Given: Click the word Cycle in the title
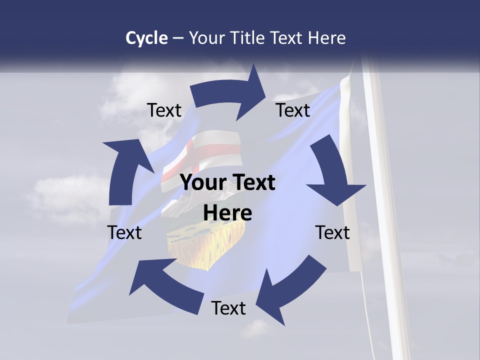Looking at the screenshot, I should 146,38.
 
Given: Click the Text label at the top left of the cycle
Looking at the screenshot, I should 164,110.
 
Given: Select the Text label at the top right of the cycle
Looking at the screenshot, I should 293,110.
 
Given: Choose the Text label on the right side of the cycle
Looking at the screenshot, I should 332,233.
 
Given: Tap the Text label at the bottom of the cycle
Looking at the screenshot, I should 228,308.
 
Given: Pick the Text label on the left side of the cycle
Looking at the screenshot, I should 124,233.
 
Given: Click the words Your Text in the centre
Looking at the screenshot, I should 228,183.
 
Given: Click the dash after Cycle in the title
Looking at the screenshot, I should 178,38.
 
